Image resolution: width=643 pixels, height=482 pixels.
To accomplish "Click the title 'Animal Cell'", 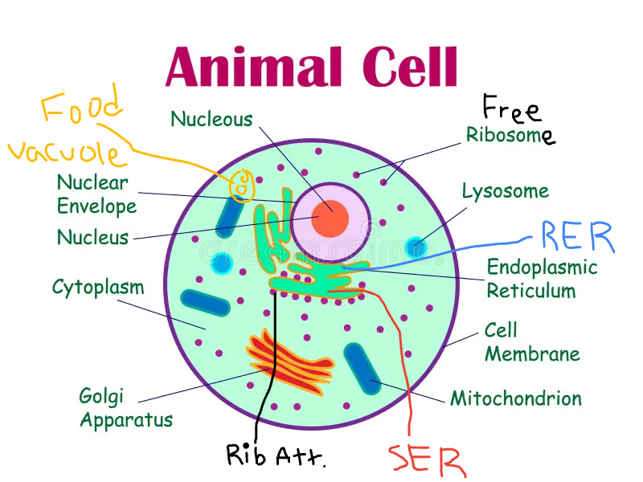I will (311, 66).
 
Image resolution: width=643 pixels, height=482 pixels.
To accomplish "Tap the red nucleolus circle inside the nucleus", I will (330, 219).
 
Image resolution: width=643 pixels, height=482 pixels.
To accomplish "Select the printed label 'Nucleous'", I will (211, 120).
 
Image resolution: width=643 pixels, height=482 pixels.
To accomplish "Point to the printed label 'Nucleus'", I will (92, 238).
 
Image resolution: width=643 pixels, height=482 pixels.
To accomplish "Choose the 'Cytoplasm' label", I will (98, 287).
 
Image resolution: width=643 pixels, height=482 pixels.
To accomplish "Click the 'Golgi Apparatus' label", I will (125, 407).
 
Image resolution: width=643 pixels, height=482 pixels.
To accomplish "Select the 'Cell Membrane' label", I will (531, 342).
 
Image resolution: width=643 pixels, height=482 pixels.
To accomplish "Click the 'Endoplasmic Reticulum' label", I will (542, 279).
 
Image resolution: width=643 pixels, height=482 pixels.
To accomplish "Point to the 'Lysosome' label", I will (505, 191).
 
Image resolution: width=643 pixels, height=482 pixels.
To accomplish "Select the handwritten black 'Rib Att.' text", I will (276, 455).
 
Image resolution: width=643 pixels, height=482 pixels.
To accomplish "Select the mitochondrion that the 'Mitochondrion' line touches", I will (362, 369).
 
